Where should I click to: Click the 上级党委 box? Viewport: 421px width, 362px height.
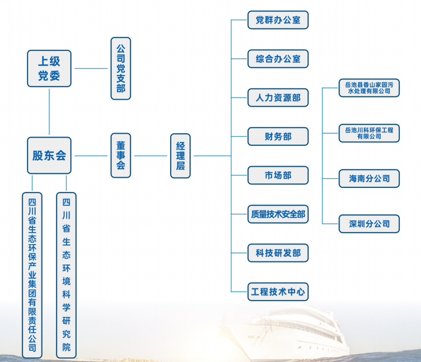[x=49, y=69]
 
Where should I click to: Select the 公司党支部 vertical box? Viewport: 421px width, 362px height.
[x=121, y=69]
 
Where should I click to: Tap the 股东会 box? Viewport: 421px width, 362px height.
[x=49, y=155]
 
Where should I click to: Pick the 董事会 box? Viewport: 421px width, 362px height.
[x=121, y=155]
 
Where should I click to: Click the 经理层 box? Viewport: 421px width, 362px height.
[x=180, y=155]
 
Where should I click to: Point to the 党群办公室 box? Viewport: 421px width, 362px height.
[x=278, y=20]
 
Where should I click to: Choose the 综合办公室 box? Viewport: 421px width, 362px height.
[x=278, y=59]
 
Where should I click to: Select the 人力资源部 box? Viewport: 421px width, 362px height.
[x=278, y=97]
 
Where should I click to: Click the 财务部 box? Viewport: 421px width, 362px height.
[x=278, y=137]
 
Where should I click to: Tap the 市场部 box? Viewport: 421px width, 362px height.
[x=278, y=175]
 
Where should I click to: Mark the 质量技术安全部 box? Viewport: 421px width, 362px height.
[x=278, y=214]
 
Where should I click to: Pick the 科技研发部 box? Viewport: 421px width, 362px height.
[x=278, y=253]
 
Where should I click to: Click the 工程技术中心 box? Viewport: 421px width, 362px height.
[x=278, y=292]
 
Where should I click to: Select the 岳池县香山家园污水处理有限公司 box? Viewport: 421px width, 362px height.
[x=369, y=88]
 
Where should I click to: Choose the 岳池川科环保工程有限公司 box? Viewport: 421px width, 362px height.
[x=369, y=133]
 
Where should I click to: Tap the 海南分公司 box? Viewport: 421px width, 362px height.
[x=369, y=178]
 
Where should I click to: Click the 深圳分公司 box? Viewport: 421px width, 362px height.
[x=369, y=223]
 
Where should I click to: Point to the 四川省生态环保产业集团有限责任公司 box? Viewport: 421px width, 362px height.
[x=32, y=275]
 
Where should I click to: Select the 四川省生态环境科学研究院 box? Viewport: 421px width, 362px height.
[x=66, y=275]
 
